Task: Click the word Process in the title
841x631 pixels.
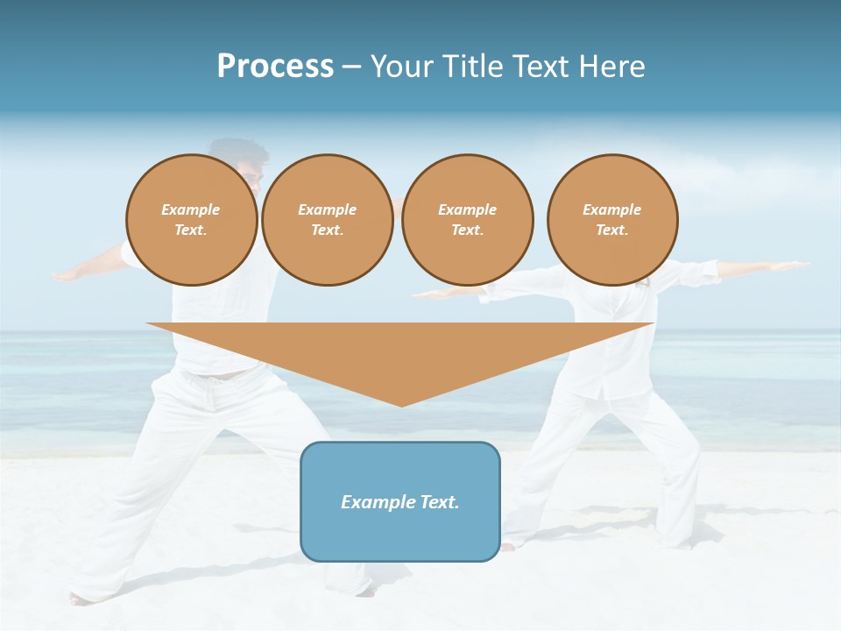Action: pos(275,67)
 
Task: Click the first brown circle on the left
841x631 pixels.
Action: pos(191,219)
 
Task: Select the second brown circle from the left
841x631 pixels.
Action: pos(327,219)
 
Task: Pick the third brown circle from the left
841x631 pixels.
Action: pos(467,219)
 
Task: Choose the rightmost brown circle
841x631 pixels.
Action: pos(611,219)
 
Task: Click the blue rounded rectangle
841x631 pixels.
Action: pos(400,501)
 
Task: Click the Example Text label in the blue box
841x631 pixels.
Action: pos(400,502)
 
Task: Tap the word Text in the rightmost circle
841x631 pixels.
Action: pos(611,230)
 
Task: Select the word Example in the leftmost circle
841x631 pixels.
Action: pos(191,209)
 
